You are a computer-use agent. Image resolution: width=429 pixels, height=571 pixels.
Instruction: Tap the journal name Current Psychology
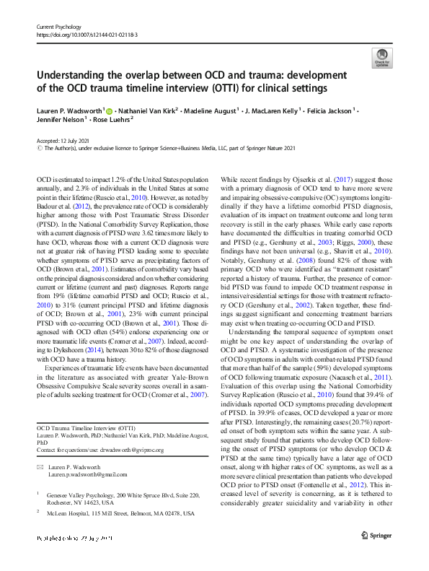click(60, 26)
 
